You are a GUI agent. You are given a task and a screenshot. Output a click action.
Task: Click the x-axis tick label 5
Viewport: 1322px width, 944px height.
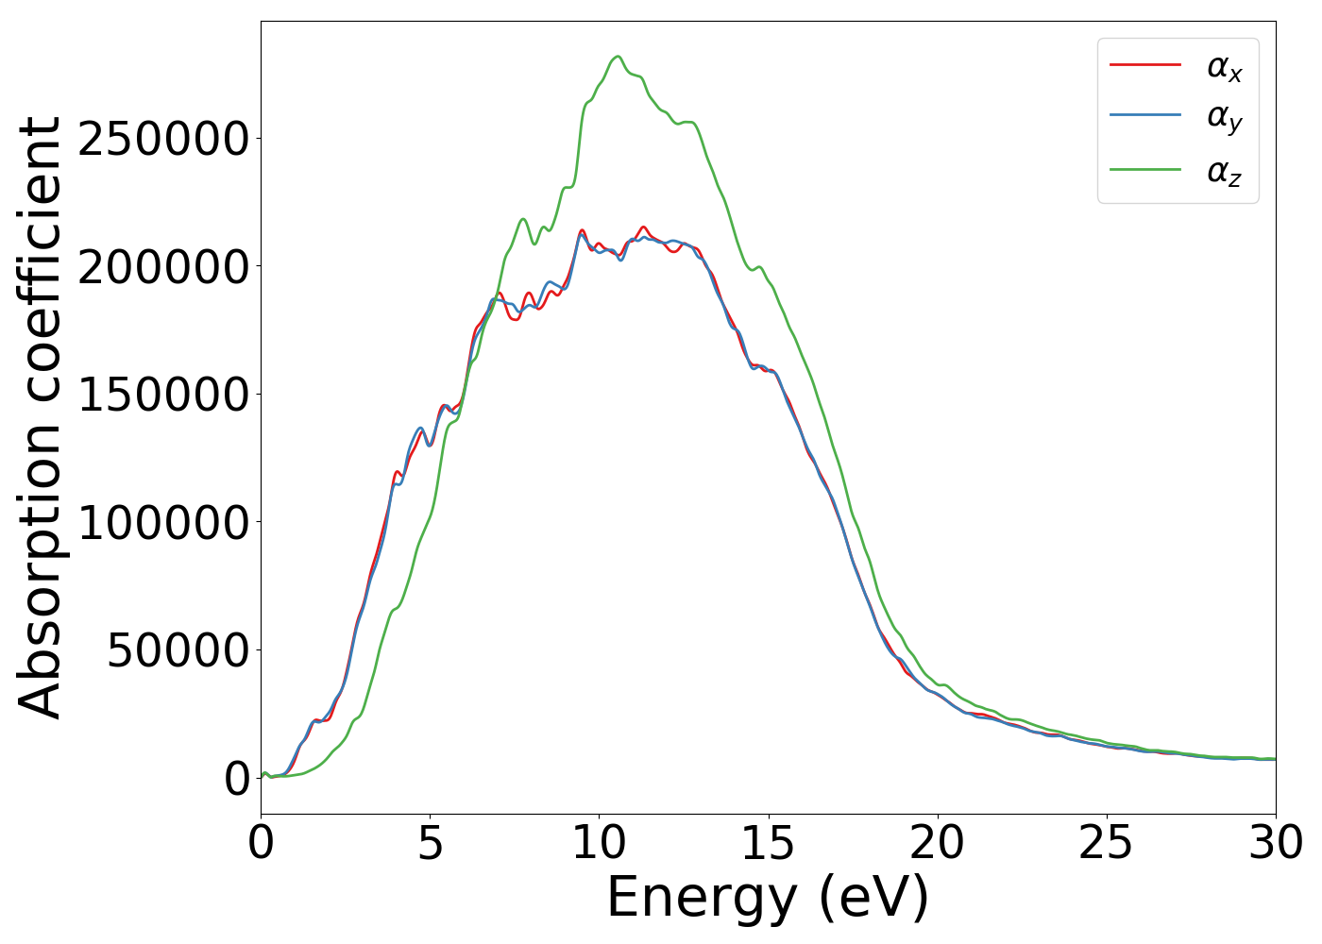[430, 843]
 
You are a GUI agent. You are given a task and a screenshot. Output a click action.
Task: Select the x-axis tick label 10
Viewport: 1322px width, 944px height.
[599, 843]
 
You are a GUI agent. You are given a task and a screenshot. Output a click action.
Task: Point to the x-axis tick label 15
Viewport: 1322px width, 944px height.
[768, 843]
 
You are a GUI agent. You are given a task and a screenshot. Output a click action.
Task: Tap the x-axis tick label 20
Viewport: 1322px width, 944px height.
[938, 843]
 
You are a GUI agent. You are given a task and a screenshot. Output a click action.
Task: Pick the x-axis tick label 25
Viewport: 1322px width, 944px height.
[1106, 843]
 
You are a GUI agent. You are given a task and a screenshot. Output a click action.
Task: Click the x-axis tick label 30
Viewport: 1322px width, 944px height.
[1275, 843]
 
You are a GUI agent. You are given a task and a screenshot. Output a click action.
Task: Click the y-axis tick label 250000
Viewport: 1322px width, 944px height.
[163, 140]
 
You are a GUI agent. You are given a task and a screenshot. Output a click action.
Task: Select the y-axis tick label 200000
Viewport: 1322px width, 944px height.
[163, 267]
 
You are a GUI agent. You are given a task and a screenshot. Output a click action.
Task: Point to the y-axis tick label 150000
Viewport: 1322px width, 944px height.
[163, 395]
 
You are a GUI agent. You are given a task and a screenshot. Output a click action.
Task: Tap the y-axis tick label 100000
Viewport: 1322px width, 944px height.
[163, 522]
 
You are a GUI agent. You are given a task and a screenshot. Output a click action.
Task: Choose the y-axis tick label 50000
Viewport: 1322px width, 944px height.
[178, 650]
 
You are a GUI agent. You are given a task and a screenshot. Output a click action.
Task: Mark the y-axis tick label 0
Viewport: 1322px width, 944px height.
[237, 778]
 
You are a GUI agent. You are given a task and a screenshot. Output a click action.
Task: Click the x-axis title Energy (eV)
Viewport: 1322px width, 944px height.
[768, 897]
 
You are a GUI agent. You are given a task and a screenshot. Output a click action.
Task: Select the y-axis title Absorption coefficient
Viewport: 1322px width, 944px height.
[40, 417]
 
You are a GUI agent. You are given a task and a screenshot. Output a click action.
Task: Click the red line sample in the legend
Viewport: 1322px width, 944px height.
[1144, 65]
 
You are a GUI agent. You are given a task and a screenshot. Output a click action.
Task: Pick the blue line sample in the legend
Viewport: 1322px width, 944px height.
[1144, 117]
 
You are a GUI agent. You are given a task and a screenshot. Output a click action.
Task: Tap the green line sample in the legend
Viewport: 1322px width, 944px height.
[1144, 170]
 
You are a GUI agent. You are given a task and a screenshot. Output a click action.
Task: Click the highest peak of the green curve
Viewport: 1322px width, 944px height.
[618, 57]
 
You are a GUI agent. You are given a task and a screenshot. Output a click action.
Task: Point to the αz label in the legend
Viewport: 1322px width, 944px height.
[1224, 172]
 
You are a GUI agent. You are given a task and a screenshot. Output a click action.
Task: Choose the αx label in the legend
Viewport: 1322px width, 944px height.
[1224, 67]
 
